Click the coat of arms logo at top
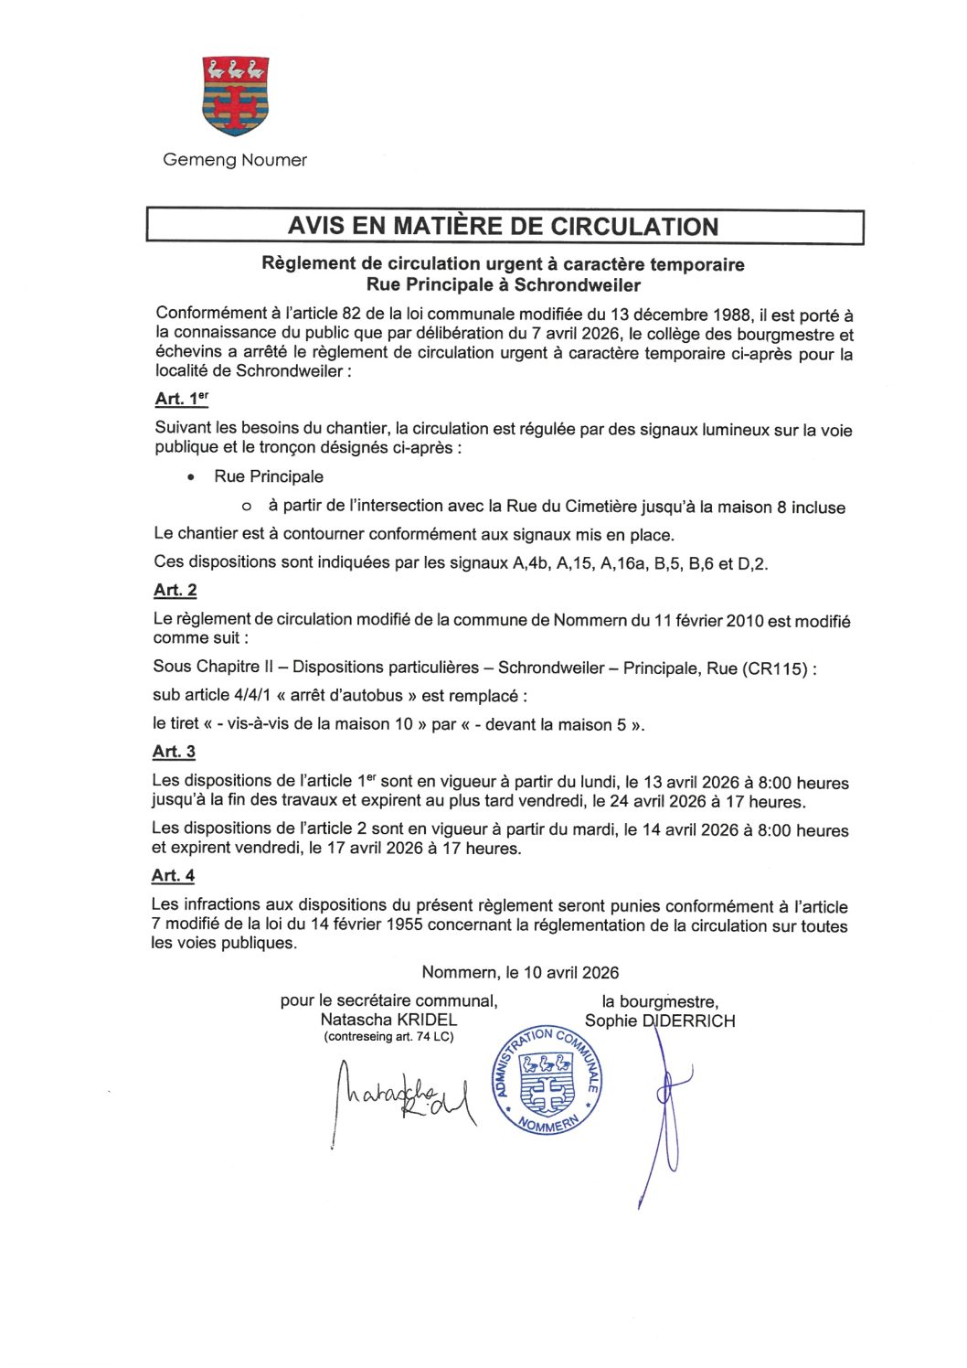pos(235,96)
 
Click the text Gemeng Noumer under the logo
pos(235,160)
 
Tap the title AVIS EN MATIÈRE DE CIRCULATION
pos(504,227)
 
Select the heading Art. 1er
pos(182,399)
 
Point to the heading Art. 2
pos(175,590)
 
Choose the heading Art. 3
pos(174,752)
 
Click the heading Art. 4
pos(173,875)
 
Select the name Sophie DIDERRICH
pos(659,1021)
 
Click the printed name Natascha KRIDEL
pos(388,1020)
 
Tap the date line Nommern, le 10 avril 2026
pos(520,973)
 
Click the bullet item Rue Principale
pos(269,476)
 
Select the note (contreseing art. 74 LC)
pos(388,1037)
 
